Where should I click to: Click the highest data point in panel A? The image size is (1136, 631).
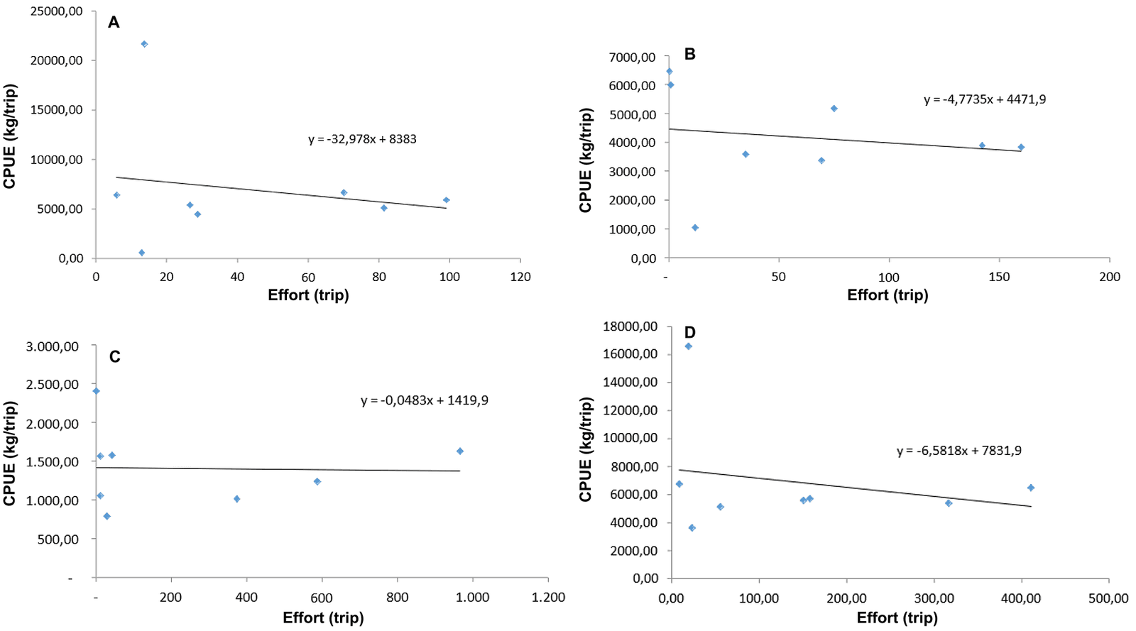point(144,44)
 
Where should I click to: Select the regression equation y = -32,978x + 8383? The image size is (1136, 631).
point(362,139)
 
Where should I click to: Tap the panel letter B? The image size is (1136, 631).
point(689,55)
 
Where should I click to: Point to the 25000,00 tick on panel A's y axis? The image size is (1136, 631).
point(56,11)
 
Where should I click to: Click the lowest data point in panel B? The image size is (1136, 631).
point(695,228)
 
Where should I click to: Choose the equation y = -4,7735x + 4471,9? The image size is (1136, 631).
point(984,99)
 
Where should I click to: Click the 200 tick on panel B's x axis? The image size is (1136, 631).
point(1109,277)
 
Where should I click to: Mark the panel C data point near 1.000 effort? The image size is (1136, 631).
point(460,451)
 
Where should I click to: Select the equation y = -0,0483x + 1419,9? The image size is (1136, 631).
point(424,400)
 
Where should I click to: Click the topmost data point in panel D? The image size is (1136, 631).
point(688,346)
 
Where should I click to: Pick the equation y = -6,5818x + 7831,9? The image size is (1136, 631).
point(958,451)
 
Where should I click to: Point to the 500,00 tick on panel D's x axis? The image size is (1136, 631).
point(1108,598)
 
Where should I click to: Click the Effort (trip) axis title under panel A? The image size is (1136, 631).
point(308,295)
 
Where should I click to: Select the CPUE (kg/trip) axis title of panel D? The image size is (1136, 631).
point(586,449)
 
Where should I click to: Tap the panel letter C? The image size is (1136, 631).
point(114,357)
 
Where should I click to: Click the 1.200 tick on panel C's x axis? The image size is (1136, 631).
point(548,598)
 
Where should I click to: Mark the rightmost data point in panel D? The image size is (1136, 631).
point(1031,488)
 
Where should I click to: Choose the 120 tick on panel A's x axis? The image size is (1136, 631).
point(520,277)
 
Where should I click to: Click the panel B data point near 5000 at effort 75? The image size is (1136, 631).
point(834,109)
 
